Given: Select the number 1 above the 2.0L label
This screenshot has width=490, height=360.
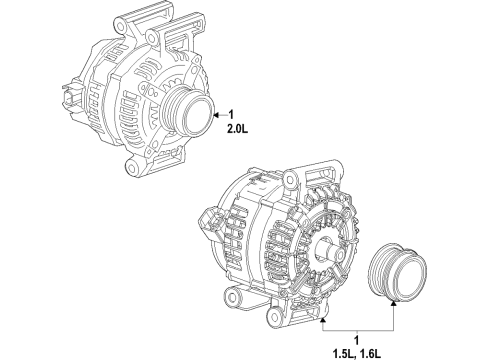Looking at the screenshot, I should tap(230, 113).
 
